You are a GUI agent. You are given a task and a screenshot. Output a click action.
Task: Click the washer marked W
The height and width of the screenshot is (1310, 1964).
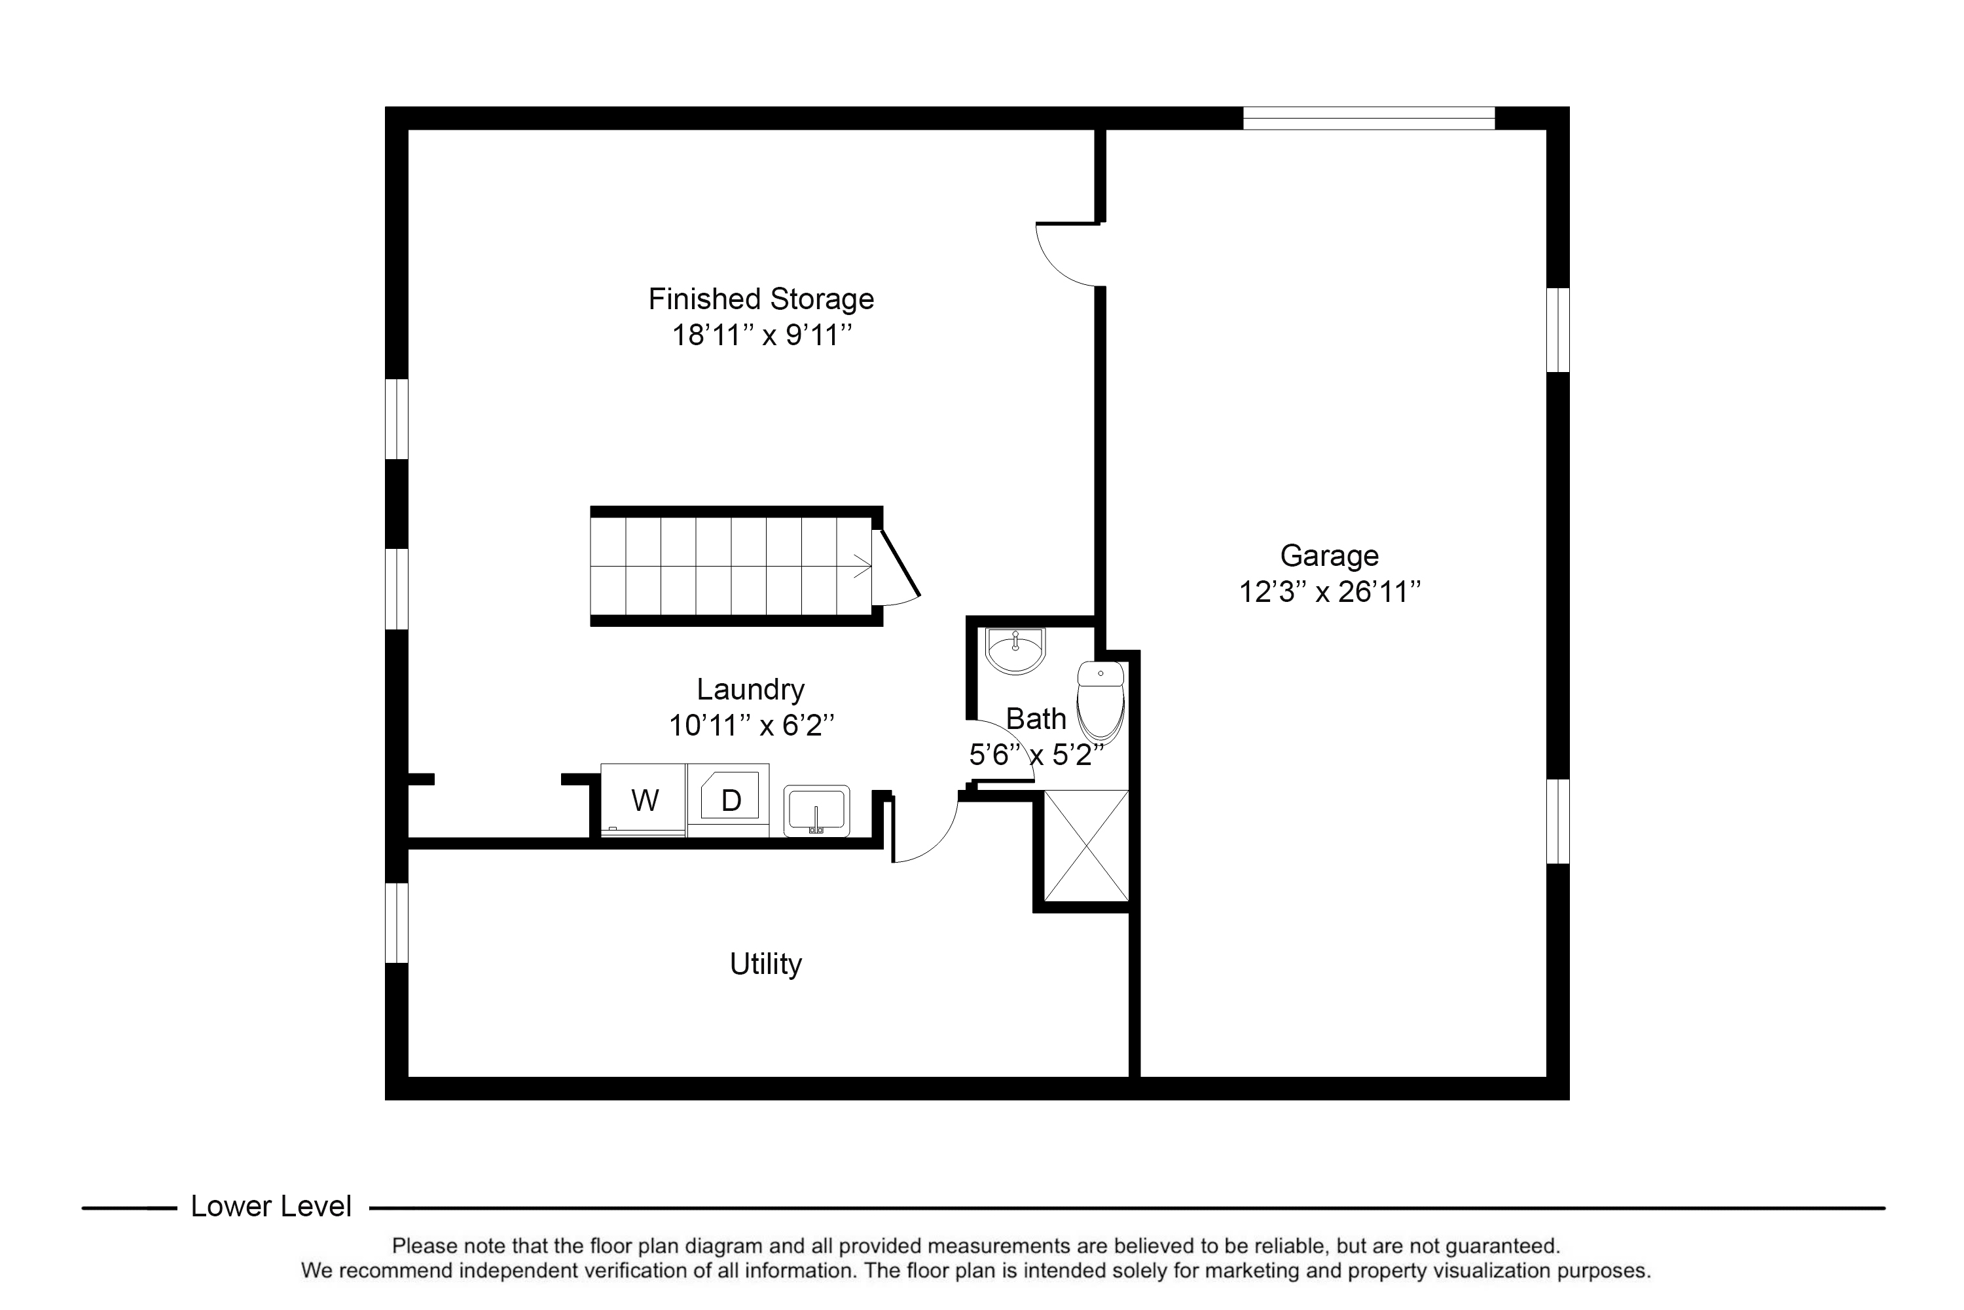[643, 800]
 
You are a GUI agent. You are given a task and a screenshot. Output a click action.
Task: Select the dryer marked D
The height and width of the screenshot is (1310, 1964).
[728, 800]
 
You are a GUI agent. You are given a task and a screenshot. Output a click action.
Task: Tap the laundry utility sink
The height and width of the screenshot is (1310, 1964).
[816, 810]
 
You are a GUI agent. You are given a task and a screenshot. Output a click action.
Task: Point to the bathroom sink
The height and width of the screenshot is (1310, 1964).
[1015, 651]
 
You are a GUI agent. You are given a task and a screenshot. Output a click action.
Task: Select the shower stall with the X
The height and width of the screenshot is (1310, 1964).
[1086, 846]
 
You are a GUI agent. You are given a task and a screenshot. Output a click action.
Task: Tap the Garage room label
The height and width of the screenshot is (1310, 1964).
[1330, 555]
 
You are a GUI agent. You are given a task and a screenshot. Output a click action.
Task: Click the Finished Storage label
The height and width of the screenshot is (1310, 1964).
[761, 299]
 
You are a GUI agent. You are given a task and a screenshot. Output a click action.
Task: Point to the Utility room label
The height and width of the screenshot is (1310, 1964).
[766, 964]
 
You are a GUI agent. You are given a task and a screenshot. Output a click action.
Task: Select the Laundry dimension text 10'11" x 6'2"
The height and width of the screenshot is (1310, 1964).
[752, 725]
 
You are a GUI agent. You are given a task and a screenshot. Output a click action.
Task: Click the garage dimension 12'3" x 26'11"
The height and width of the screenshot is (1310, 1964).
[1330, 592]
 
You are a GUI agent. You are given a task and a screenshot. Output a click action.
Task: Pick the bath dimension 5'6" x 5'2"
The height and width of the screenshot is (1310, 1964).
[1036, 755]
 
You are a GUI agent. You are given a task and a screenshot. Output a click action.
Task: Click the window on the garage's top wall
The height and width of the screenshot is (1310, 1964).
[1369, 119]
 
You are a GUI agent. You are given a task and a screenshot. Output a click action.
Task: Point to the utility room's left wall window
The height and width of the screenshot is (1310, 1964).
[397, 923]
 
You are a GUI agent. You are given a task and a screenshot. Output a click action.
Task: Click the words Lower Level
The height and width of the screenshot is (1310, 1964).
[272, 1207]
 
